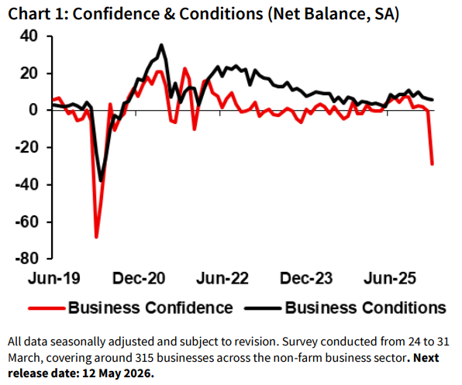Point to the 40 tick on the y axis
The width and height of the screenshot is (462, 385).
[29, 36]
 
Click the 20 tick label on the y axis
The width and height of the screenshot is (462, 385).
[29, 74]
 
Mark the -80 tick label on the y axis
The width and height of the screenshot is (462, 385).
[26, 258]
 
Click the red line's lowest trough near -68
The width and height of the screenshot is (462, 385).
[97, 236]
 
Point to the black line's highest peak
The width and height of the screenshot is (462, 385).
[161, 45]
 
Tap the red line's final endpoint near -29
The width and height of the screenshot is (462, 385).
[432, 163]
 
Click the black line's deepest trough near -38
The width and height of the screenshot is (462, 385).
[102, 181]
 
